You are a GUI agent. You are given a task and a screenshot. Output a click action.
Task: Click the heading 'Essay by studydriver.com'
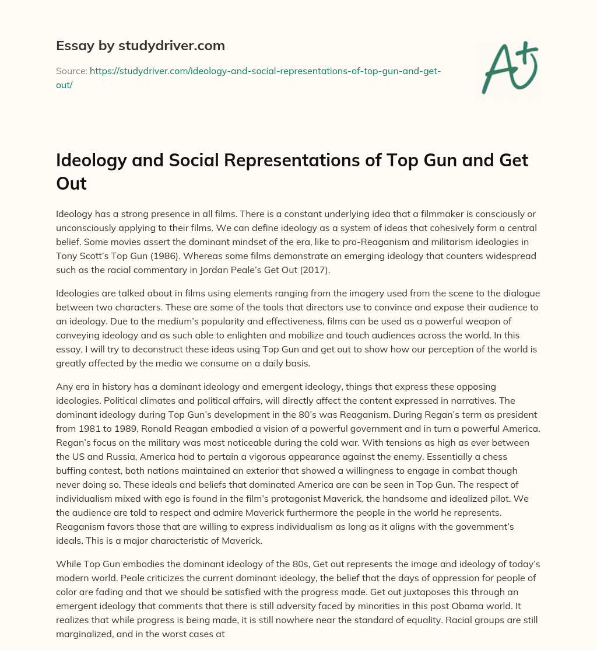click(x=140, y=45)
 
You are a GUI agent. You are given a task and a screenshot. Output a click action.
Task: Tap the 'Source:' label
click(x=71, y=71)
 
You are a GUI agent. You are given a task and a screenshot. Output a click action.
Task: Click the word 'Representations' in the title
click(x=278, y=160)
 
